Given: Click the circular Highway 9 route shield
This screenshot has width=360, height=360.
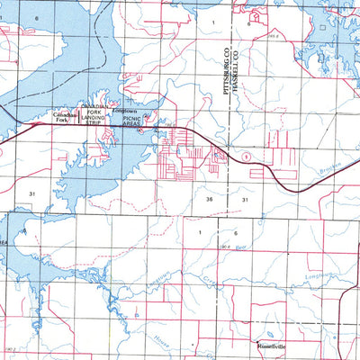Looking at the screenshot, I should coord(245,157).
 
